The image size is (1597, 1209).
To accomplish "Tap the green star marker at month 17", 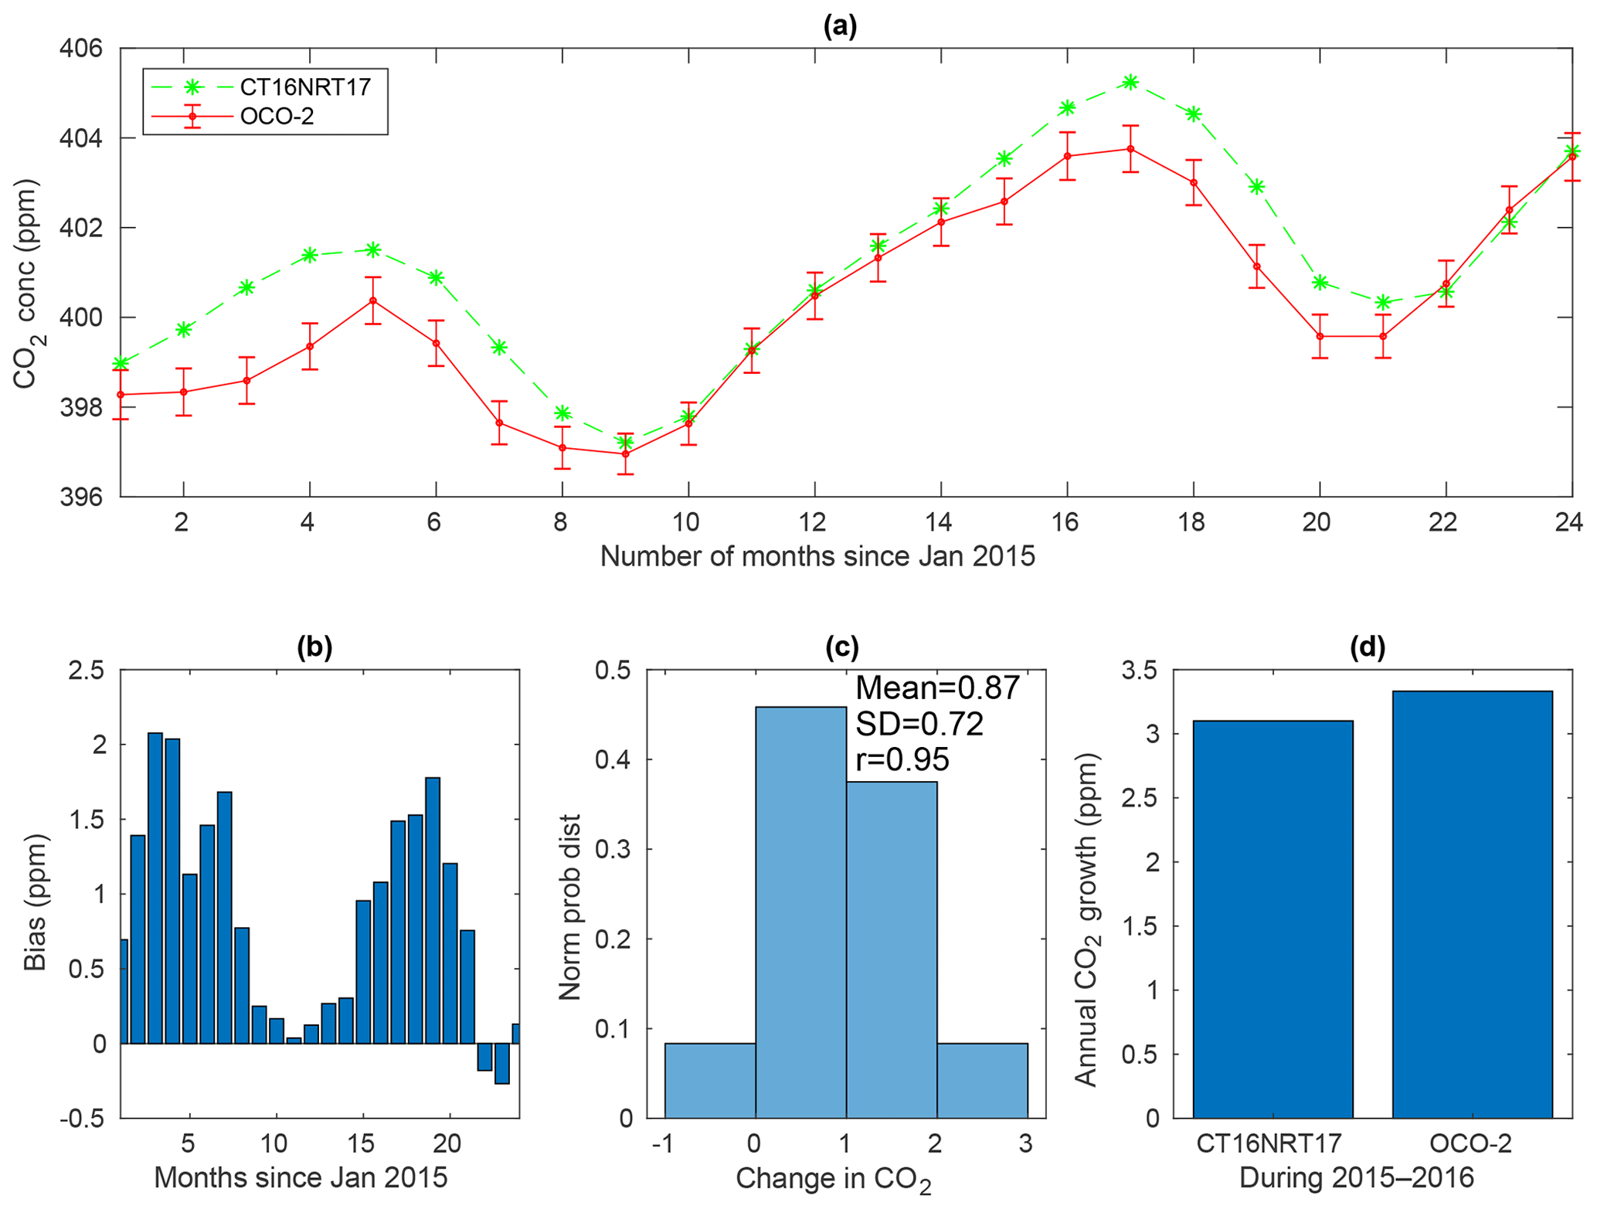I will click(1130, 82).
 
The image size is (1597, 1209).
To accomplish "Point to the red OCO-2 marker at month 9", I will click(625, 453).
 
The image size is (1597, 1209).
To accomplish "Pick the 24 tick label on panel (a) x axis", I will click(1569, 523).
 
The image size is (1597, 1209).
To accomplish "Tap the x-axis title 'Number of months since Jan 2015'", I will click(817, 556).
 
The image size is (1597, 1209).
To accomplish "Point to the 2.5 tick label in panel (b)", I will click(87, 670).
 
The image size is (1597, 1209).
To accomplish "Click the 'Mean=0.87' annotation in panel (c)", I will click(937, 688).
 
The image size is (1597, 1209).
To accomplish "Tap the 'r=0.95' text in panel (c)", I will click(902, 760).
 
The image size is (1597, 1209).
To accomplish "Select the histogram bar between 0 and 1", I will click(800, 912).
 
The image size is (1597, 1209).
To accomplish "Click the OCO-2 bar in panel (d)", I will click(1472, 904).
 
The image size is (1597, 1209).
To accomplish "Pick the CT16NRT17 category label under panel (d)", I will click(1269, 1143).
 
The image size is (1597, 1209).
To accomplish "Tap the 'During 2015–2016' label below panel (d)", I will click(1356, 1178).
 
